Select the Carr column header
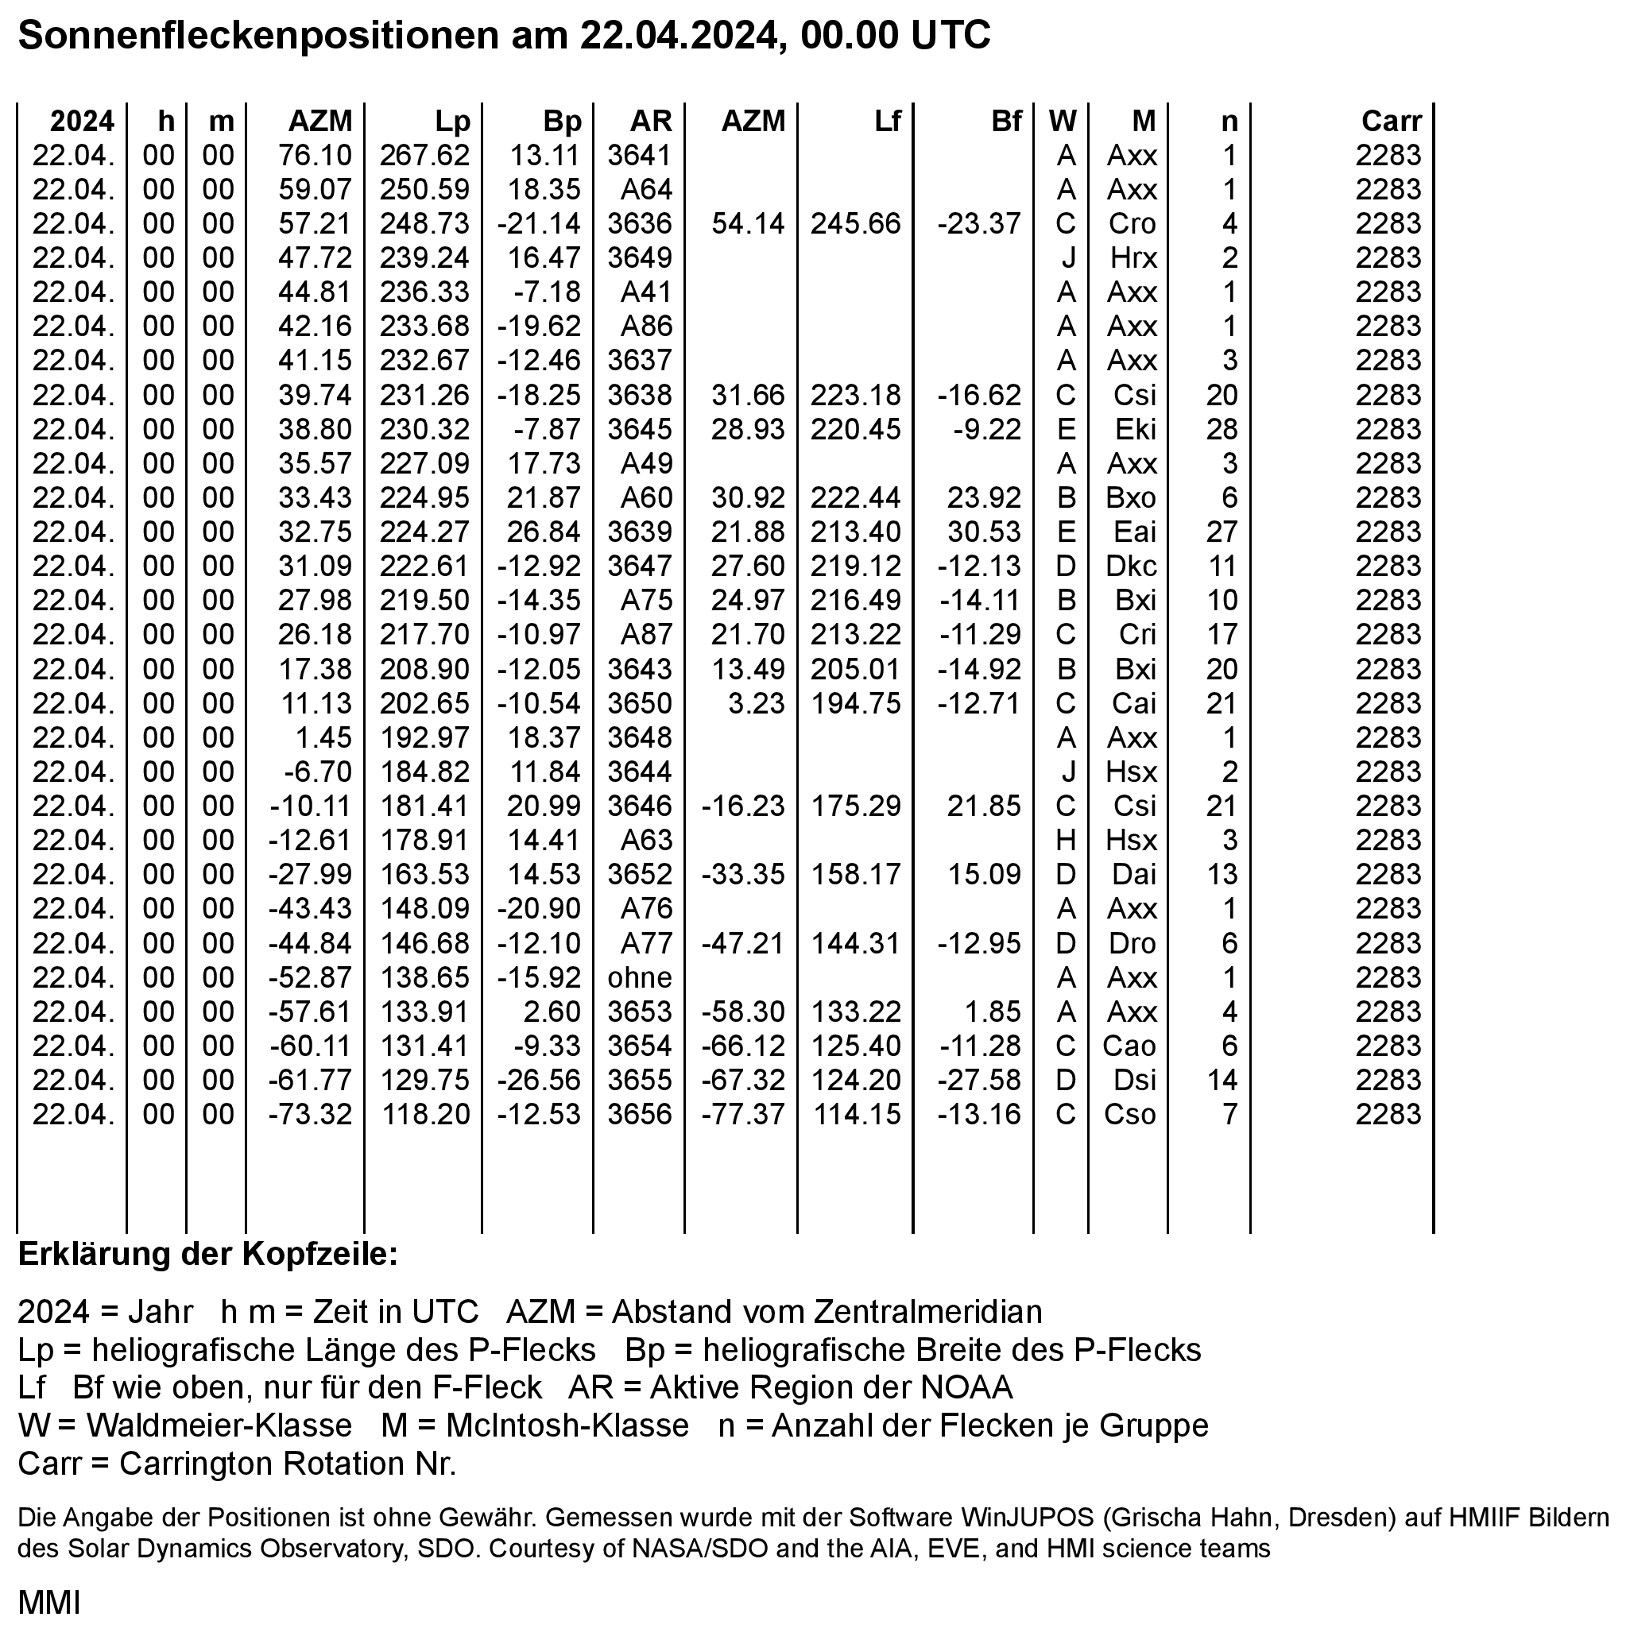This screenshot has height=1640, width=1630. (x=1391, y=122)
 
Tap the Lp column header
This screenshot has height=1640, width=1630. (x=452, y=122)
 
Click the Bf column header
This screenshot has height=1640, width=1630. (x=1006, y=122)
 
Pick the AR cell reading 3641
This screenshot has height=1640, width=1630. (x=639, y=156)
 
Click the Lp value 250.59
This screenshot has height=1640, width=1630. (x=424, y=189)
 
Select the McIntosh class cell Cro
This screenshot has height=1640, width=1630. (x=1132, y=224)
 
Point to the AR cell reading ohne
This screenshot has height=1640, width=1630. (x=639, y=978)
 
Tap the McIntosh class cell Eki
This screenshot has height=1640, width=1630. (x=1135, y=430)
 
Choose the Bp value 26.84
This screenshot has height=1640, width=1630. (x=544, y=532)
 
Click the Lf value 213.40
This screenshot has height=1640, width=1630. (x=855, y=532)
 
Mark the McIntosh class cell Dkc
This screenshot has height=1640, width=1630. (x=1131, y=567)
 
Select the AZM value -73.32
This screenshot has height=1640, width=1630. (x=310, y=1115)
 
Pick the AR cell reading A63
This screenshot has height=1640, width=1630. (x=646, y=841)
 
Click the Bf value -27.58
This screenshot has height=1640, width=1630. (x=979, y=1081)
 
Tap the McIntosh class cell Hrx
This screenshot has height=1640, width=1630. (x=1133, y=258)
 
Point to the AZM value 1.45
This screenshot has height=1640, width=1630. (x=323, y=737)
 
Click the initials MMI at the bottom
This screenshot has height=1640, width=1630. (x=49, y=1603)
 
